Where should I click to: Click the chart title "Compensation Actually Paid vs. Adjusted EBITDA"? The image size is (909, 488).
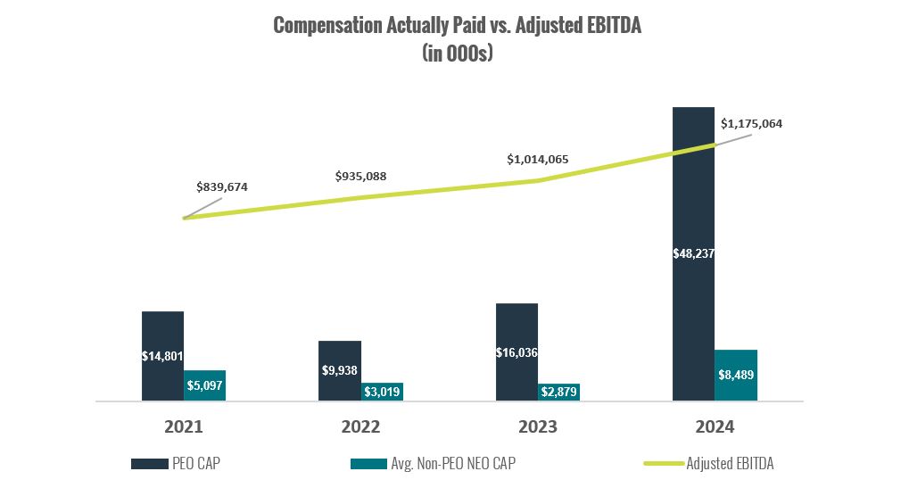click(x=457, y=26)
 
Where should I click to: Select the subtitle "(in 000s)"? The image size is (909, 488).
click(x=457, y=53)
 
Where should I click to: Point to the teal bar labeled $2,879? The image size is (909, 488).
click(x=558, y=392)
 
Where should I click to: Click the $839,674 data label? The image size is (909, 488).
click(x=222, y=187)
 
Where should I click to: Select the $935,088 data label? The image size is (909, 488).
click(x=360, y=176)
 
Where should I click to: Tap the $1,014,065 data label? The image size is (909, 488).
click(x=537, y=159)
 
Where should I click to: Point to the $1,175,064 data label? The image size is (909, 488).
click(x=751, y=123)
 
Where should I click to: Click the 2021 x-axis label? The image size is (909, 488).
click(x=184, y=427)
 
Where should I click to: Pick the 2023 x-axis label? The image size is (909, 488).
click(x=537, y=427)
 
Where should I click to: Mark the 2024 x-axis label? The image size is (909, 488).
click(x=715, y=427)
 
